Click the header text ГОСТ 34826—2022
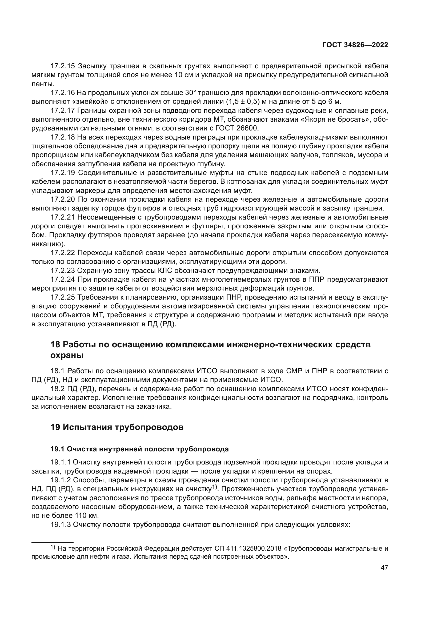[355, 45]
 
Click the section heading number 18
[55, 345]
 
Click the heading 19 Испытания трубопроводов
[117, 427]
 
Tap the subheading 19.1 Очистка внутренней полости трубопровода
[139, 449]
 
